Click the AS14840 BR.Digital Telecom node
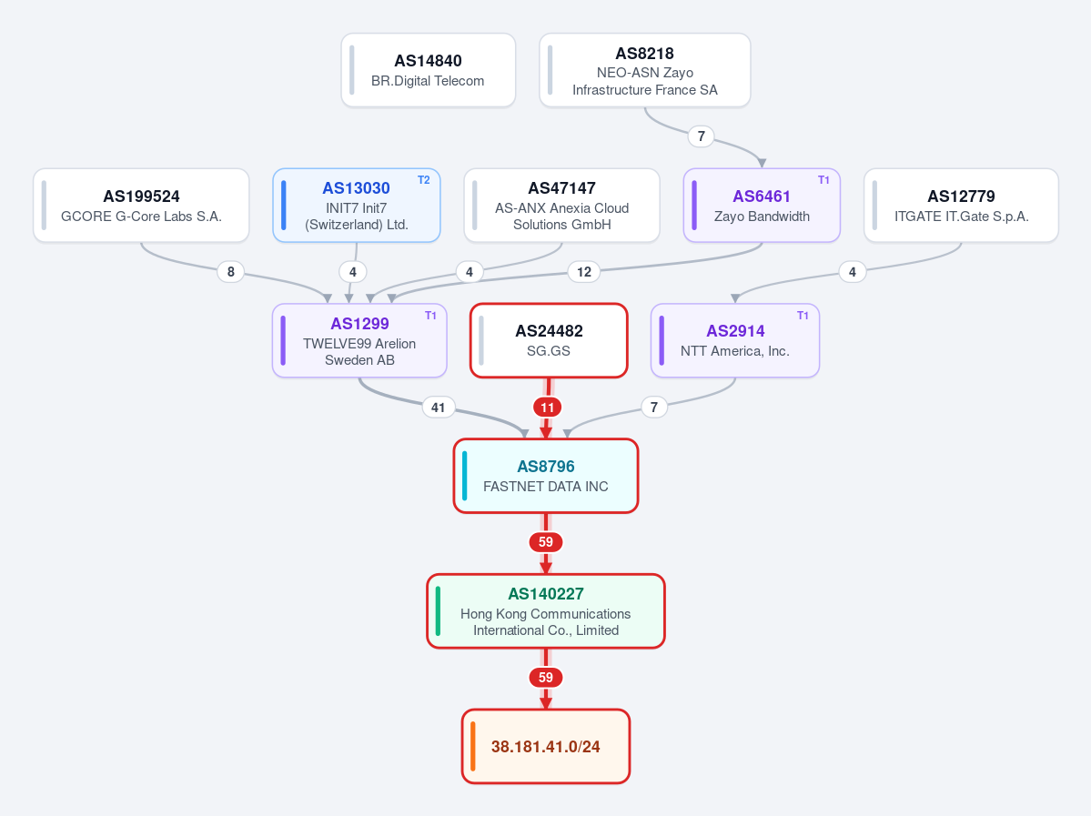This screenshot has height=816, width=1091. point(428,70)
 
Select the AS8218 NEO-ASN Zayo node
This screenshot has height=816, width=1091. point(645,70)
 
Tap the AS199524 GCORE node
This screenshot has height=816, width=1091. point(141,206)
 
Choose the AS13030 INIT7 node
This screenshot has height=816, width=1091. point(357,206)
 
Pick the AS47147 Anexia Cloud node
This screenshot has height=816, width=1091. point(562,206)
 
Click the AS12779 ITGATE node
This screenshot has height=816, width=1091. point(961,206)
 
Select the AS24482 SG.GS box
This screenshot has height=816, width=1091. point(549,341)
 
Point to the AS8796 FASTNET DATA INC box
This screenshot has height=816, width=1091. point(546,476)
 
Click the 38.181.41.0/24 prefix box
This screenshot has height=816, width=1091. point(546,747)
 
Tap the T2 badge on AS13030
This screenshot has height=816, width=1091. point(424,180)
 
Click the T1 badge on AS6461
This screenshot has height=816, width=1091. point(823,180)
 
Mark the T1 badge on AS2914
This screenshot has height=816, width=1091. point(803,316)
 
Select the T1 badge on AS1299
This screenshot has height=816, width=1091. point(430,316)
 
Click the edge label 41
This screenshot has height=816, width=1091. point(439,407)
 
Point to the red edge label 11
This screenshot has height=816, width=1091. point(548,407)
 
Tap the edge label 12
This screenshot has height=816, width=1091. point(584,272)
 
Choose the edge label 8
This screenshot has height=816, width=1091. point(231,272)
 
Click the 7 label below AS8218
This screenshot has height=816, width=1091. point(702,136)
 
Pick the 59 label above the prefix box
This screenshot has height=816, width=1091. point(546,678)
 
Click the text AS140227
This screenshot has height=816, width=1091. point(546,593)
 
